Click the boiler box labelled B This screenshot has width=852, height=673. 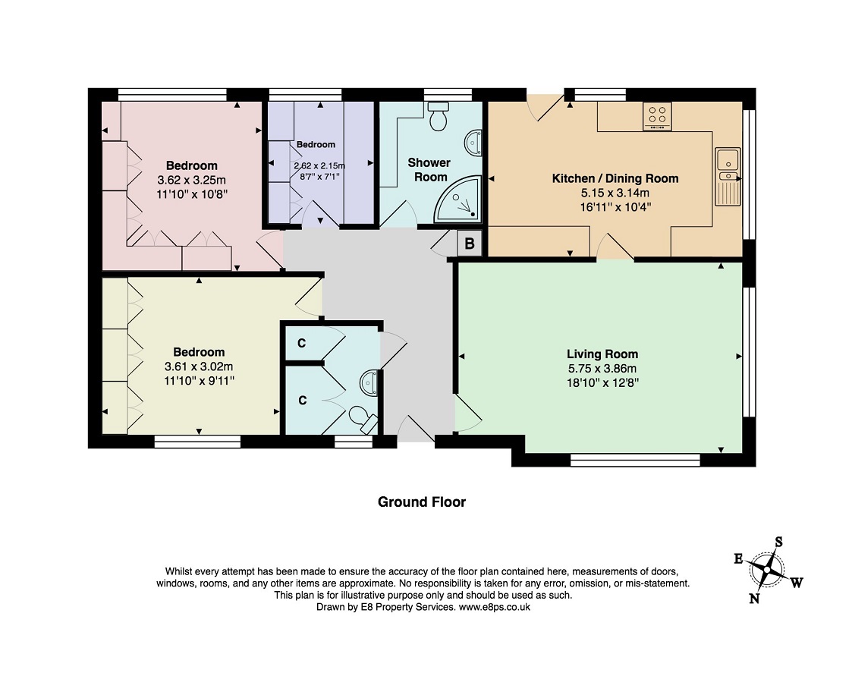point(470,244)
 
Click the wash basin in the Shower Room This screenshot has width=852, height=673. point(473,142)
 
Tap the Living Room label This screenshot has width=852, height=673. point(602,354)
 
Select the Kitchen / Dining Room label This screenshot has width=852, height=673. point(615,178)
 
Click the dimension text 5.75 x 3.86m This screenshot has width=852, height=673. point(602,368)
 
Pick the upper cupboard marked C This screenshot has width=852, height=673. point(301,344)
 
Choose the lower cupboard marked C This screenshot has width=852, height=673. point(301,401)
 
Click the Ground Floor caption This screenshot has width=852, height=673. point(421,502)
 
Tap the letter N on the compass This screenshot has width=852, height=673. point(754,599)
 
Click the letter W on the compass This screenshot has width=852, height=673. point(797,583)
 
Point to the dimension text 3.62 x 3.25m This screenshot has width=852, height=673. point(192,180)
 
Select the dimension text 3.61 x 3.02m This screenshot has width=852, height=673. point(199,366)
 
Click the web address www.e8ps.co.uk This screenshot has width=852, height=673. point(494,607)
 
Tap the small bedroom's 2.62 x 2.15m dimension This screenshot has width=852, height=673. point(319,166)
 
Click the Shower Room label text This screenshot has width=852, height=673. point(429,169)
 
